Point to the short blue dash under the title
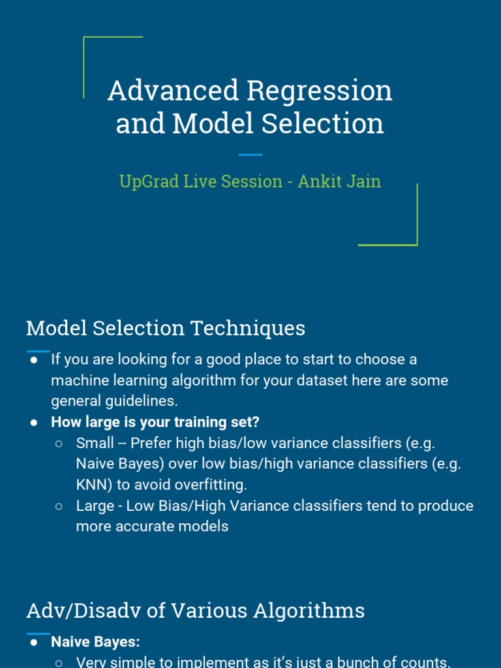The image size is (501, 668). point(250,155)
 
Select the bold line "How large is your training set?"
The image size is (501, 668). point(155,422)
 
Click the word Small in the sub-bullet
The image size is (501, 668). point(95,443)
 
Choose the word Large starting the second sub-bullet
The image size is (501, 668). point(95,506)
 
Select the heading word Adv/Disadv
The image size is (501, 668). point(76,611)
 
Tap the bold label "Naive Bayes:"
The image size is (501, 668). point(95,642)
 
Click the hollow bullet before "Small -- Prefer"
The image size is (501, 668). point(59,444)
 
